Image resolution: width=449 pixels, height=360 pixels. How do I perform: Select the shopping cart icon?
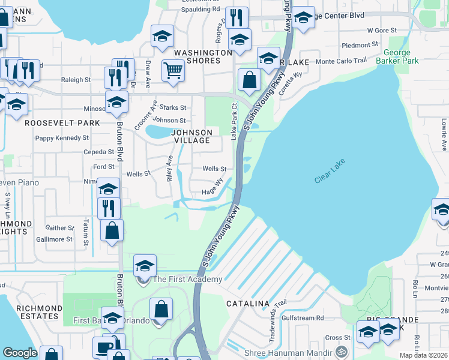(x=173, y=70)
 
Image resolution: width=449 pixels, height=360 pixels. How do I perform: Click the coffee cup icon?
(x=103, y=348)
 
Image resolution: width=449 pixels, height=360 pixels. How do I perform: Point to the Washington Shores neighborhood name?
(x=203, y=56)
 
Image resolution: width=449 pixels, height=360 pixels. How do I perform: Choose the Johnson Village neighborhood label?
(x=192, y=136)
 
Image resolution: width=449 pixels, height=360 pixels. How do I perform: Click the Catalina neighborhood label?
(x=247, y=304)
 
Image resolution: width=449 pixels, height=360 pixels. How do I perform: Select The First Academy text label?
(x=187, y=279)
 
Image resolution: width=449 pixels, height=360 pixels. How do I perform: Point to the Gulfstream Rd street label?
(x=303, y=318)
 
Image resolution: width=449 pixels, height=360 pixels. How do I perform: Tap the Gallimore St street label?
(x=55, y=239)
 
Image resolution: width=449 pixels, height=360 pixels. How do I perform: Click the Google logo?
(x=20, y=353)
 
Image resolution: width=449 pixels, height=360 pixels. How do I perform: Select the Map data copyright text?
(x=424, y=355)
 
